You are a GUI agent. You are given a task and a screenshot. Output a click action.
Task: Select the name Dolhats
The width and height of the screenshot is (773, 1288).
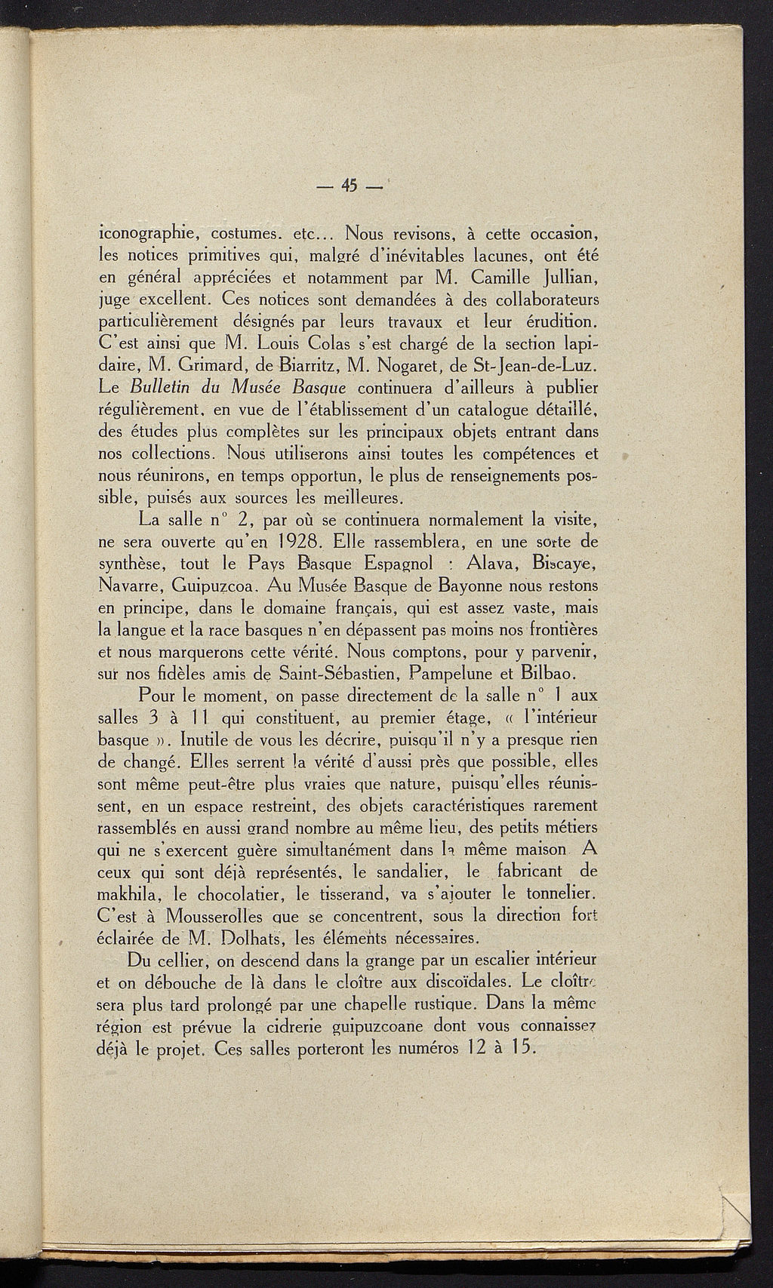pyautogui.click(x=251, y=939)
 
